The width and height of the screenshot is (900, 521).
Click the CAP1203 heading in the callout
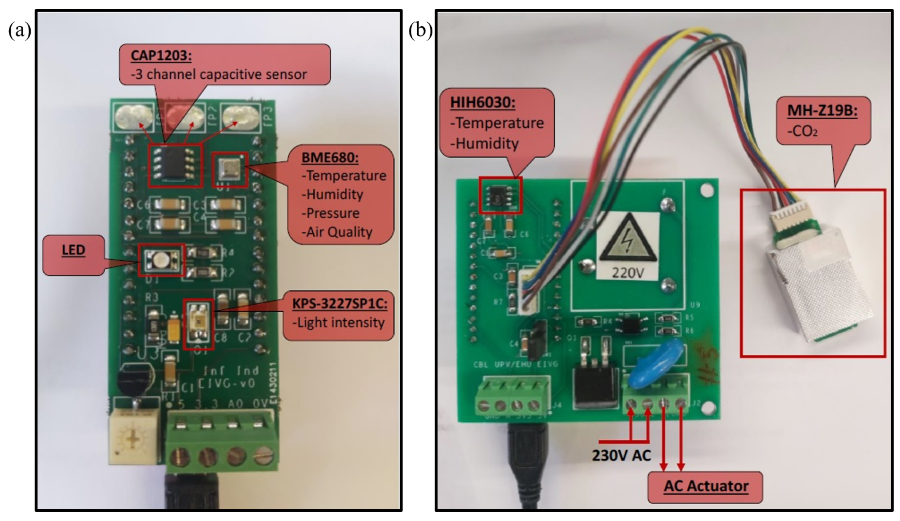pyautogui.click(x=161, y=56)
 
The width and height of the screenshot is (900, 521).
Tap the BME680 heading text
pyautogui.click(x=330, y=157)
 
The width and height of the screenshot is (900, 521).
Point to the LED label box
pyautogui.click(x=74, y=254)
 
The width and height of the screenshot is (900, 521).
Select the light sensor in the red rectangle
pyautogui.click(x=198, y=324)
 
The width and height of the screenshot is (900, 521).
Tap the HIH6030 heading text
pyautogui.click(x=482, y=103)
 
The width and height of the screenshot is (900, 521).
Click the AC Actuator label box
pyautogui.click(x=705, y=487)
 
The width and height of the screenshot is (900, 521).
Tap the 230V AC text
pyautogui.click(x=621, y=455)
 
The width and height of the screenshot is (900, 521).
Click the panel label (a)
pyautogui.click(x=20, y=30)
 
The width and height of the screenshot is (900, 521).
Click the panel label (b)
pyautogui.click(x=420, y=30)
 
